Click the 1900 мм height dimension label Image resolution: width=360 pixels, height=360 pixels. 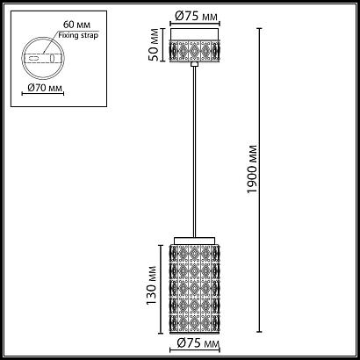pos(252,169)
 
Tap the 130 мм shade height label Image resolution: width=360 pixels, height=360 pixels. pos(152,285)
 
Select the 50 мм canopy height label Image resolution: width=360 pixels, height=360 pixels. pos(154,45)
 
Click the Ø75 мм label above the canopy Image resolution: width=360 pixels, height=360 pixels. pos(196,16)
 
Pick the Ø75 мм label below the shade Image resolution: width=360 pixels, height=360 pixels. pos(198,343)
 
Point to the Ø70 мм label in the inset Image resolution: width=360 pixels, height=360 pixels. pos(45,87)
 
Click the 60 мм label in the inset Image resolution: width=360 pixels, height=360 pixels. pos(77,24)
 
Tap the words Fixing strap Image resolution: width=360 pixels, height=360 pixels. pos(78,35)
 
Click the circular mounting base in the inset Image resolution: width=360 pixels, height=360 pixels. pos(43,37)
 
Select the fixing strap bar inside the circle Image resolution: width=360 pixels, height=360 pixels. pos(43,58)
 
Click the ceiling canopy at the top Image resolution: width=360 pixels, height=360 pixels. pos(195,45)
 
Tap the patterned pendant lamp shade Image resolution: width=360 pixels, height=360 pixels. pos(195,289)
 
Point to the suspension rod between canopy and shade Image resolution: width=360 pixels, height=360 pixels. pos(194,152)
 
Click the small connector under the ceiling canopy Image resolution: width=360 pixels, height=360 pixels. pos(194,64)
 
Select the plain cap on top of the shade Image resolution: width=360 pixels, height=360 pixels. pos(195,241)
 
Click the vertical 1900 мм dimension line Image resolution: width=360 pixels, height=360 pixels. pos(259,180)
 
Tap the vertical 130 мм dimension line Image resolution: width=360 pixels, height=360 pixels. pos(161,289)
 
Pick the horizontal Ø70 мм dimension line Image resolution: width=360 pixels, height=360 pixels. pos(43,94)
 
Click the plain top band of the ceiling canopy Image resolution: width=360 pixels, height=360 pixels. pos(195,34)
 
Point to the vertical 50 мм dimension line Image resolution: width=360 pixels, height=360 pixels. pos(163,45)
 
